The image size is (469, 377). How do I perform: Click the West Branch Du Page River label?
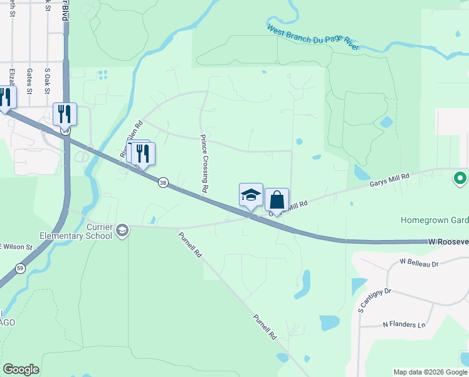[314, 38]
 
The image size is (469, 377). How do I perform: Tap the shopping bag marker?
[277, 200]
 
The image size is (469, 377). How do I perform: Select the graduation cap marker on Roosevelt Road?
[251, 195]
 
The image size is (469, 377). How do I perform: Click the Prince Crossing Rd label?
[204, 163]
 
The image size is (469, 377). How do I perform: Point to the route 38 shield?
[163, 182]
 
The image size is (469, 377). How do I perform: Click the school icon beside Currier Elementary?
[122, 230]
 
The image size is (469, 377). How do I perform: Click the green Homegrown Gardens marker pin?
[461, 178]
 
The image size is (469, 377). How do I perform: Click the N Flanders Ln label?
[404, 324]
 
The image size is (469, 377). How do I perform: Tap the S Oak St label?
[47, 80]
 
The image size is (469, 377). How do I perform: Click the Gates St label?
[29, 80]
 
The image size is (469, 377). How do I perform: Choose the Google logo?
[21, 369]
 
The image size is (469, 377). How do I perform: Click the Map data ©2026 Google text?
[429, 372]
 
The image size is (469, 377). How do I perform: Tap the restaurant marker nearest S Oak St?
[65, 114]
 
